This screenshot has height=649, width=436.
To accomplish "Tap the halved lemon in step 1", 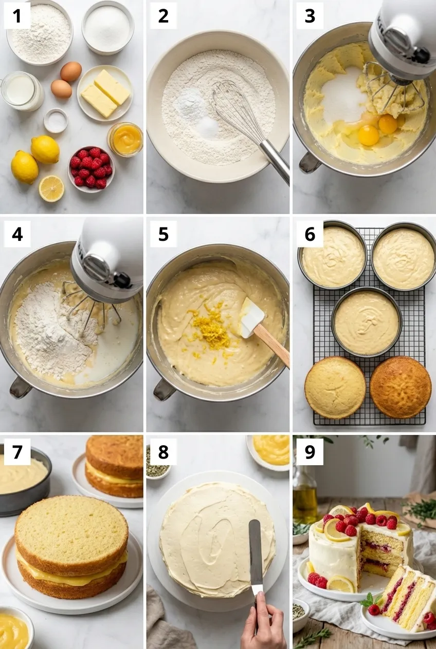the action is click(51, 188).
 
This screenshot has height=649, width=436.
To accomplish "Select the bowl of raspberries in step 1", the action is click(91, 169).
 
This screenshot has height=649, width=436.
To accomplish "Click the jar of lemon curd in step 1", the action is click(125, 139).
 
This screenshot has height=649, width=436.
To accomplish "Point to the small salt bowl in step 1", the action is click(56, 121).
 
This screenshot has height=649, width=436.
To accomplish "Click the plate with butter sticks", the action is click(105, 93).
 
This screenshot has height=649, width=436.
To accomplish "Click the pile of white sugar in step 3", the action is click(342, 96).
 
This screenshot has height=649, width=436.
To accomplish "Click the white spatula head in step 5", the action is click(251, 317).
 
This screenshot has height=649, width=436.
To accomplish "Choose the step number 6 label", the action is click(310, 234).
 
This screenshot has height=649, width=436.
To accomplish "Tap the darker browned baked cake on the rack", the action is click(401, 387).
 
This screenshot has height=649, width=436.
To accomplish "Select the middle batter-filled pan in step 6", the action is click(367, 322).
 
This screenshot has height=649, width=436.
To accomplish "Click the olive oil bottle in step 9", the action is click(304, 494).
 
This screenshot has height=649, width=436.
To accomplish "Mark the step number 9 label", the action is click(310, 451).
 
